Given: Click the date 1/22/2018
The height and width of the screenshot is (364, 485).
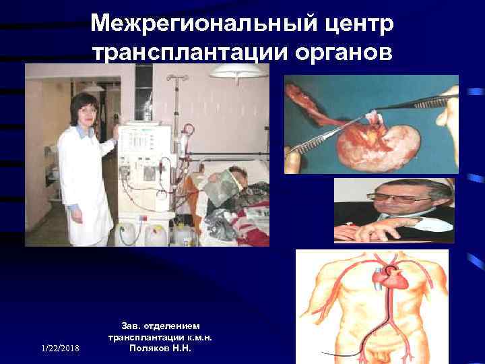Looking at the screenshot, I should [x=59, y=348].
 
